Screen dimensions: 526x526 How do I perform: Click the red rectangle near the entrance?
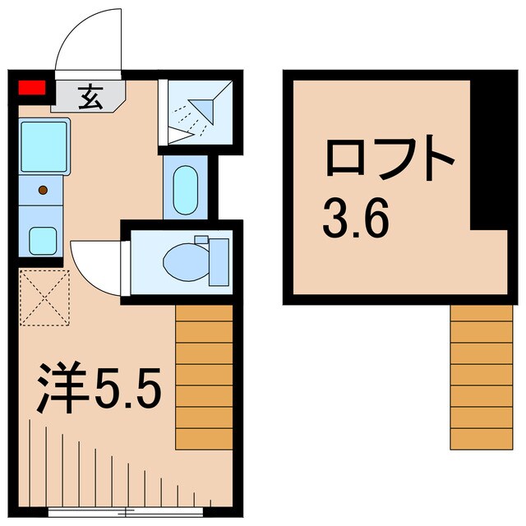[x=32, y=89]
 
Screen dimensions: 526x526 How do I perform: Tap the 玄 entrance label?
[x=87, y=97]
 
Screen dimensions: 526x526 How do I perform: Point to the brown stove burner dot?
[x=44, y=191]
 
